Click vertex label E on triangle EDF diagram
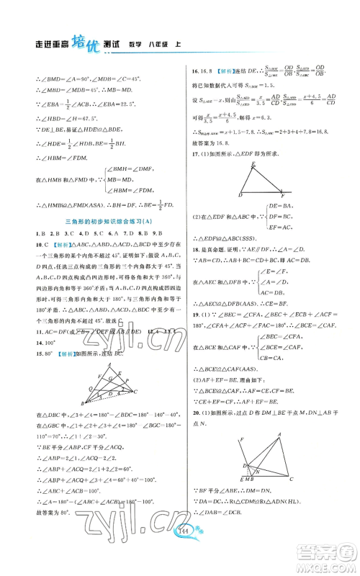(233, 185)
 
